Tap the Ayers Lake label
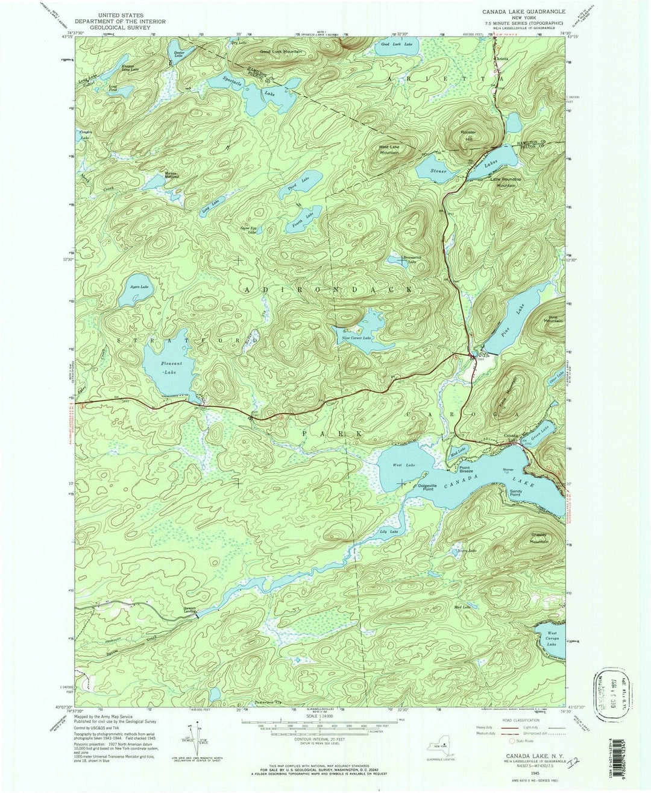[x=140, y=287]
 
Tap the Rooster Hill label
[x=469, y=135]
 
